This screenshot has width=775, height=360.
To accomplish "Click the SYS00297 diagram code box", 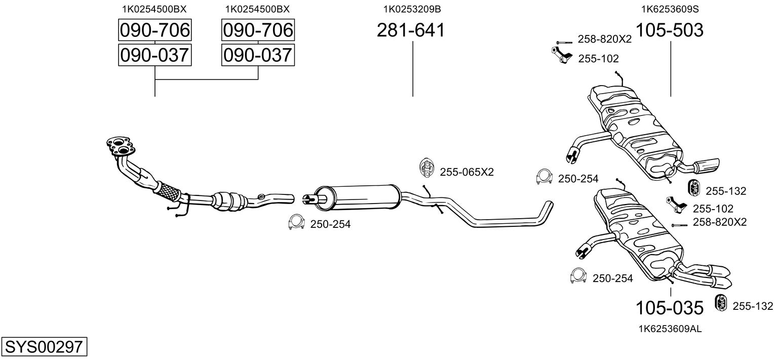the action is (44, 346).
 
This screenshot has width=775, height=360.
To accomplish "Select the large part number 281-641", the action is (411, 30).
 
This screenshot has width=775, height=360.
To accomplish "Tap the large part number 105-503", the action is (670, 30).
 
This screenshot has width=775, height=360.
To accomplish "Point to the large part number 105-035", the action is (670, 307).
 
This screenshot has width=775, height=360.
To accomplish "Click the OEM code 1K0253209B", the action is (412, 9).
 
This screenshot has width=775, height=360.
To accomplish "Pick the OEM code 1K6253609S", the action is (670, 9).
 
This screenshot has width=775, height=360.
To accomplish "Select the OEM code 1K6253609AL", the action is (670, 329).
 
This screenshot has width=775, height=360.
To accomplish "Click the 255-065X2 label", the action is (467, 172).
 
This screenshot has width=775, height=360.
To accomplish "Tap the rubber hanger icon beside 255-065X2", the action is (427, 168).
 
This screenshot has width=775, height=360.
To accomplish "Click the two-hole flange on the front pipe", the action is (121, 146).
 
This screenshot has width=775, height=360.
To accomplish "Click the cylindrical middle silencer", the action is (357, 197).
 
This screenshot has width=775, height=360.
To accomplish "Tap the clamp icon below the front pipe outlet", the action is (296, 222).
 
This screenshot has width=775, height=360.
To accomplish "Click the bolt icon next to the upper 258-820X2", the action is (564, 42).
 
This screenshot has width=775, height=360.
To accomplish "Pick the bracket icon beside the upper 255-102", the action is (562, 55).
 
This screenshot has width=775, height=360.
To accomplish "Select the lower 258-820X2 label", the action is (720, 222).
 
